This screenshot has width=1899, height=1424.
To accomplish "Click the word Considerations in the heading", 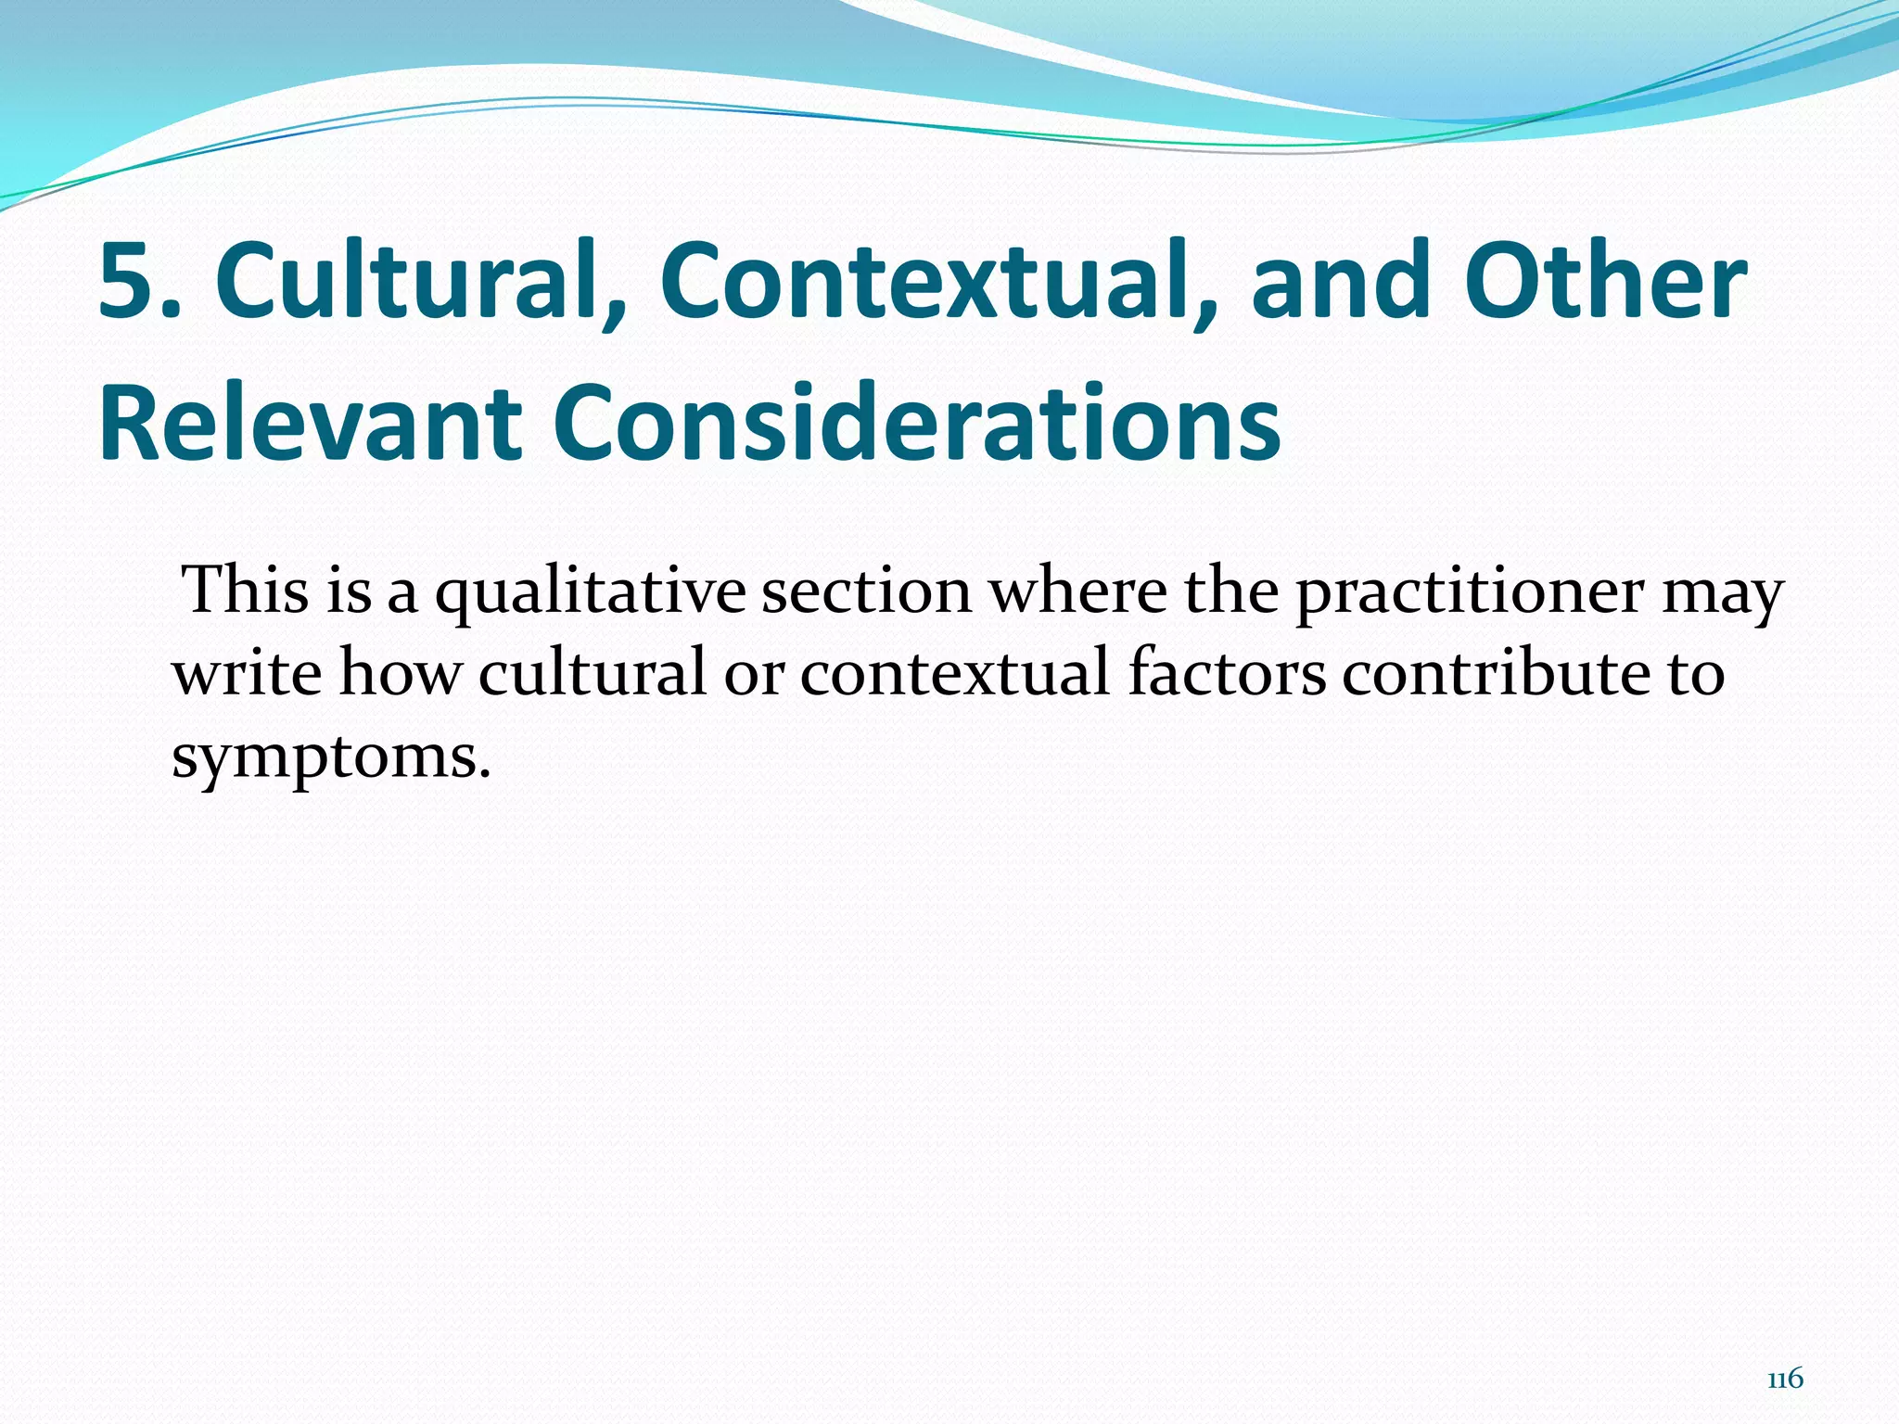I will click(916, 424).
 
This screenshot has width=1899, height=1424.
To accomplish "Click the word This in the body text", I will click(246, 590).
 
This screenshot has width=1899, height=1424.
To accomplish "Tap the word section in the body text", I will click(866, 590).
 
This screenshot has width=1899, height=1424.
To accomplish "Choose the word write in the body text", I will click(247, 672).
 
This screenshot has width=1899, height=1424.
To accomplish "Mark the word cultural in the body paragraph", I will click(593, 672).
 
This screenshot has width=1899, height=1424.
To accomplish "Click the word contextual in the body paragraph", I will click(954, 672).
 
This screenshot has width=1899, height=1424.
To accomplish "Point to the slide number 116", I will click(1785, 1379).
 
